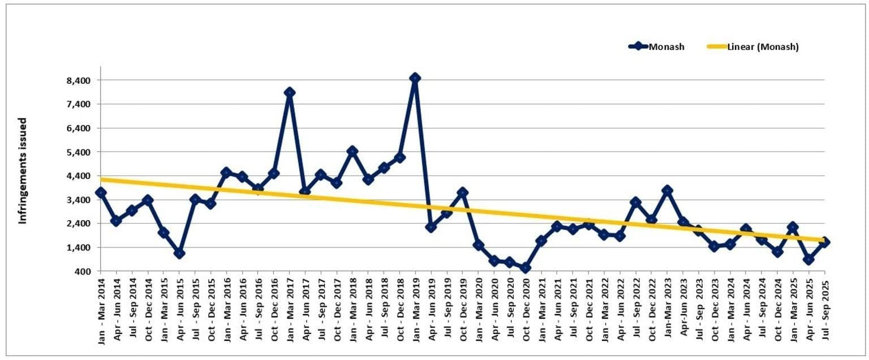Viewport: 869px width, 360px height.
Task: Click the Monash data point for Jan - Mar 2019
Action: (x=415, y=78)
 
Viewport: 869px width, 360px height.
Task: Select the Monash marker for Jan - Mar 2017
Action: (x=290, y=92)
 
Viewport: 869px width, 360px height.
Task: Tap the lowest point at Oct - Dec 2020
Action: (x=526, y=268)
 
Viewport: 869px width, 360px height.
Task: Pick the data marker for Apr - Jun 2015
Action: (x=179, y=253)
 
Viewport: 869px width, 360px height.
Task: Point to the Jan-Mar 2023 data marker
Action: (x=668, y=190)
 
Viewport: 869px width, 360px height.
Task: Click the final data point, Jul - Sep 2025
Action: (x=825, y=242)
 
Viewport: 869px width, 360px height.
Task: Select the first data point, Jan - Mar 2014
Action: (x=101, y=192)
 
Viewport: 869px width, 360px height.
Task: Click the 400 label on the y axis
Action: (x=83, y=272)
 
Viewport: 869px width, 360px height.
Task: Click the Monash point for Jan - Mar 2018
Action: (x=352, y=151)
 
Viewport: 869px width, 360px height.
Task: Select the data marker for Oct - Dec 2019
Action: (x=463, y=193)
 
